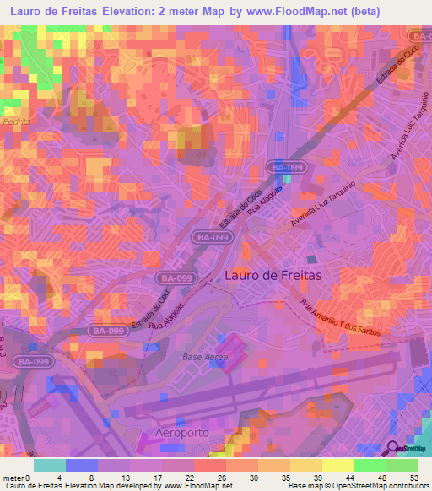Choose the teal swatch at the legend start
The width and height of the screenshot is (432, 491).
(x=50, y=465)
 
